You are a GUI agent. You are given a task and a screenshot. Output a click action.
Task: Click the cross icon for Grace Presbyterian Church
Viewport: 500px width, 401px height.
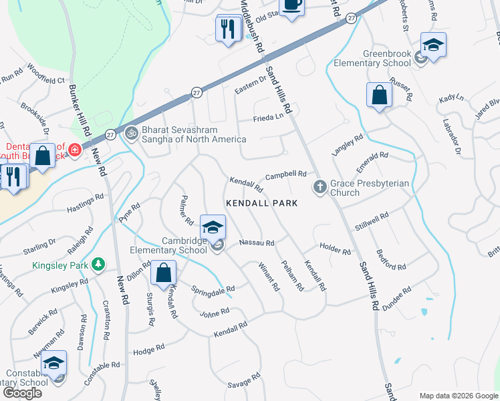point(320,186)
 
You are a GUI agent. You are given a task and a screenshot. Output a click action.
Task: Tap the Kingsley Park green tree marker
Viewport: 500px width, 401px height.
point(99,265)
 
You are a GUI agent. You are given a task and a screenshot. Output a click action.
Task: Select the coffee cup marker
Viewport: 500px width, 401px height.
point(291,5)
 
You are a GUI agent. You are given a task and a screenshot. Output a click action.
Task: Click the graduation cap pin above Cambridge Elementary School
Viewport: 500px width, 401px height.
point(213,229)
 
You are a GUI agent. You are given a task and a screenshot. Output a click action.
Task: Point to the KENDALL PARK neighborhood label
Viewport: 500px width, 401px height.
point(261,203)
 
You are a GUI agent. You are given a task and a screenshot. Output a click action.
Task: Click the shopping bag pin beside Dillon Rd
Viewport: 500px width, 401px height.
point(163,272)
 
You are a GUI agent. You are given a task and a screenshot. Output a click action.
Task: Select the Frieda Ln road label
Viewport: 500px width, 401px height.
point(268,118)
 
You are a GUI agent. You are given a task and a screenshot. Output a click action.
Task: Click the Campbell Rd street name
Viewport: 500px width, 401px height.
point(285,176)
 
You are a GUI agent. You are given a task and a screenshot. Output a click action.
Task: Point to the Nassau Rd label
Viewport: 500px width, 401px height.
point(257,243)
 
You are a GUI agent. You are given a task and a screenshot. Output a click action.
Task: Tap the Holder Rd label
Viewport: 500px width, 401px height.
point(335,249)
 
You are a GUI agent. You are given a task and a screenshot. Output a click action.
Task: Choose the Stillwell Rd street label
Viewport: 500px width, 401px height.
point(372,222)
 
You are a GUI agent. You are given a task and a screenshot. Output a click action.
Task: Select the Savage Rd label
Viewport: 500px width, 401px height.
point(243,382)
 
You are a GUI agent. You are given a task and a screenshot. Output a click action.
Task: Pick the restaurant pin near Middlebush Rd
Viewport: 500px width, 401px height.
point(228,29)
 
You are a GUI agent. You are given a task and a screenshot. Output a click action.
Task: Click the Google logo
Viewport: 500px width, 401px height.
point(22,393)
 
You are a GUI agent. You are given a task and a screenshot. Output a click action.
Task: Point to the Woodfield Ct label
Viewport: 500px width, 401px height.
point(46,74)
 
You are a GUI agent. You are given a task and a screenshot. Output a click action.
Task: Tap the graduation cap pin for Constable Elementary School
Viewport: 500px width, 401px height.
point(54,364)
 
